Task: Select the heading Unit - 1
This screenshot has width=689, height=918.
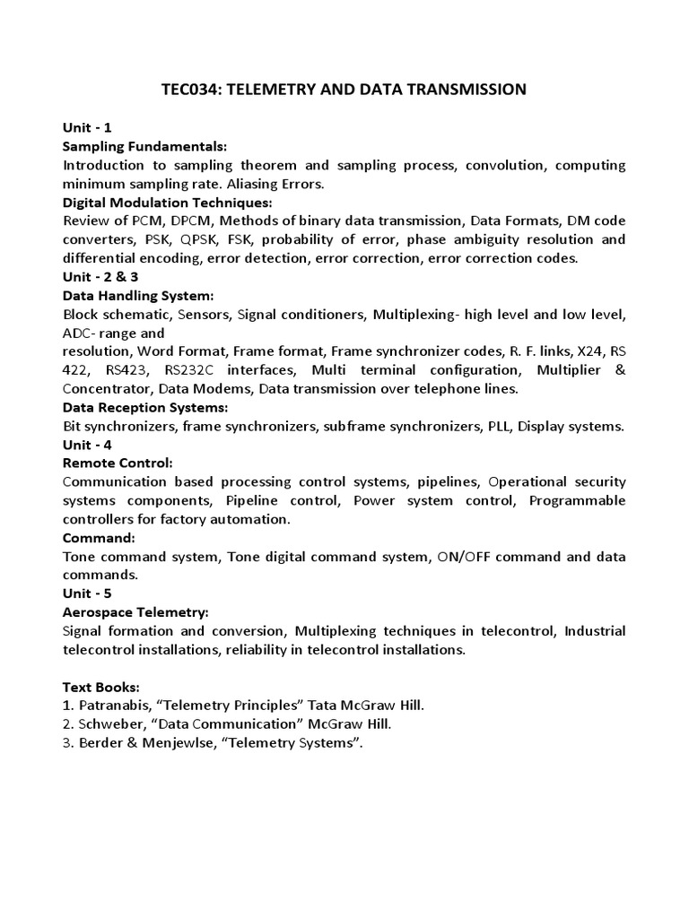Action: pos(87,127)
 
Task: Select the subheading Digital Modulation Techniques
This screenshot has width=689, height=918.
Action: pos(166,203)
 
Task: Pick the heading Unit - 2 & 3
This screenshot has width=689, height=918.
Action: pos(100,277)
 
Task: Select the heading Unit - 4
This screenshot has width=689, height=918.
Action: pos(87,445)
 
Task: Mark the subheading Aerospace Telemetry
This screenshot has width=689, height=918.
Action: pos(135,612)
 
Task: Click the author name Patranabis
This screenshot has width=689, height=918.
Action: pos(115,706)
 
